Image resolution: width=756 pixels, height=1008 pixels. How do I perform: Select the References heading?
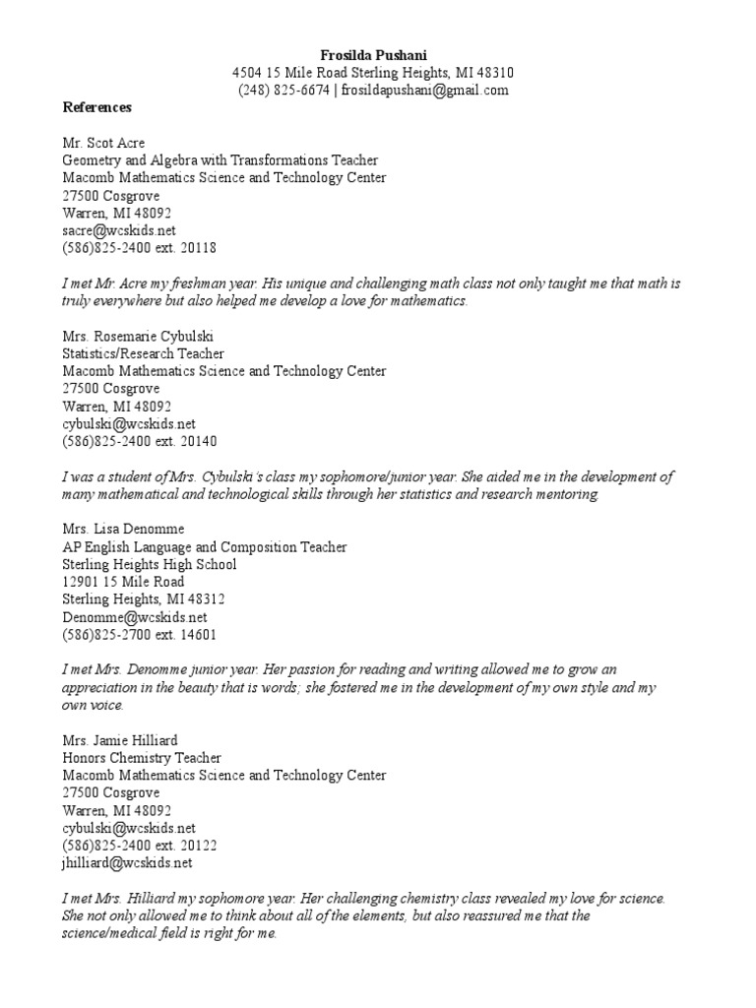97,107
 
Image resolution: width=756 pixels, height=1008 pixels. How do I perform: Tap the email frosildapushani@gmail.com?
424,91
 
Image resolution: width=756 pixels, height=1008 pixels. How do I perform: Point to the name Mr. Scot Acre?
103,143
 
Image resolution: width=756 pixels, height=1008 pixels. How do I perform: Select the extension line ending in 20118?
140,248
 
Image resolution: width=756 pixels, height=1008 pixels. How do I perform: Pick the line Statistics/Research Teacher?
143,353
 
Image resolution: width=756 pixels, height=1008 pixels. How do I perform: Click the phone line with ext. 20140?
140,441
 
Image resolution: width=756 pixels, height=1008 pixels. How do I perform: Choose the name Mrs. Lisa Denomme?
123,529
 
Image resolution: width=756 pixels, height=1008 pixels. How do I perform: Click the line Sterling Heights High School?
150,564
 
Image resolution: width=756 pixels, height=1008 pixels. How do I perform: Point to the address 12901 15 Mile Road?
121,582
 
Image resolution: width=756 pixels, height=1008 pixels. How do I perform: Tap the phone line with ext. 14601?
140,635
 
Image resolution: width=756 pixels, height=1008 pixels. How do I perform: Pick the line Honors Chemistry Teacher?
142,758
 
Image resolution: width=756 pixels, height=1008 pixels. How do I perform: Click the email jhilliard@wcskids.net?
127,863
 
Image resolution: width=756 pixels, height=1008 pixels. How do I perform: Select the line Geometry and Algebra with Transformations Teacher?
220,160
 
